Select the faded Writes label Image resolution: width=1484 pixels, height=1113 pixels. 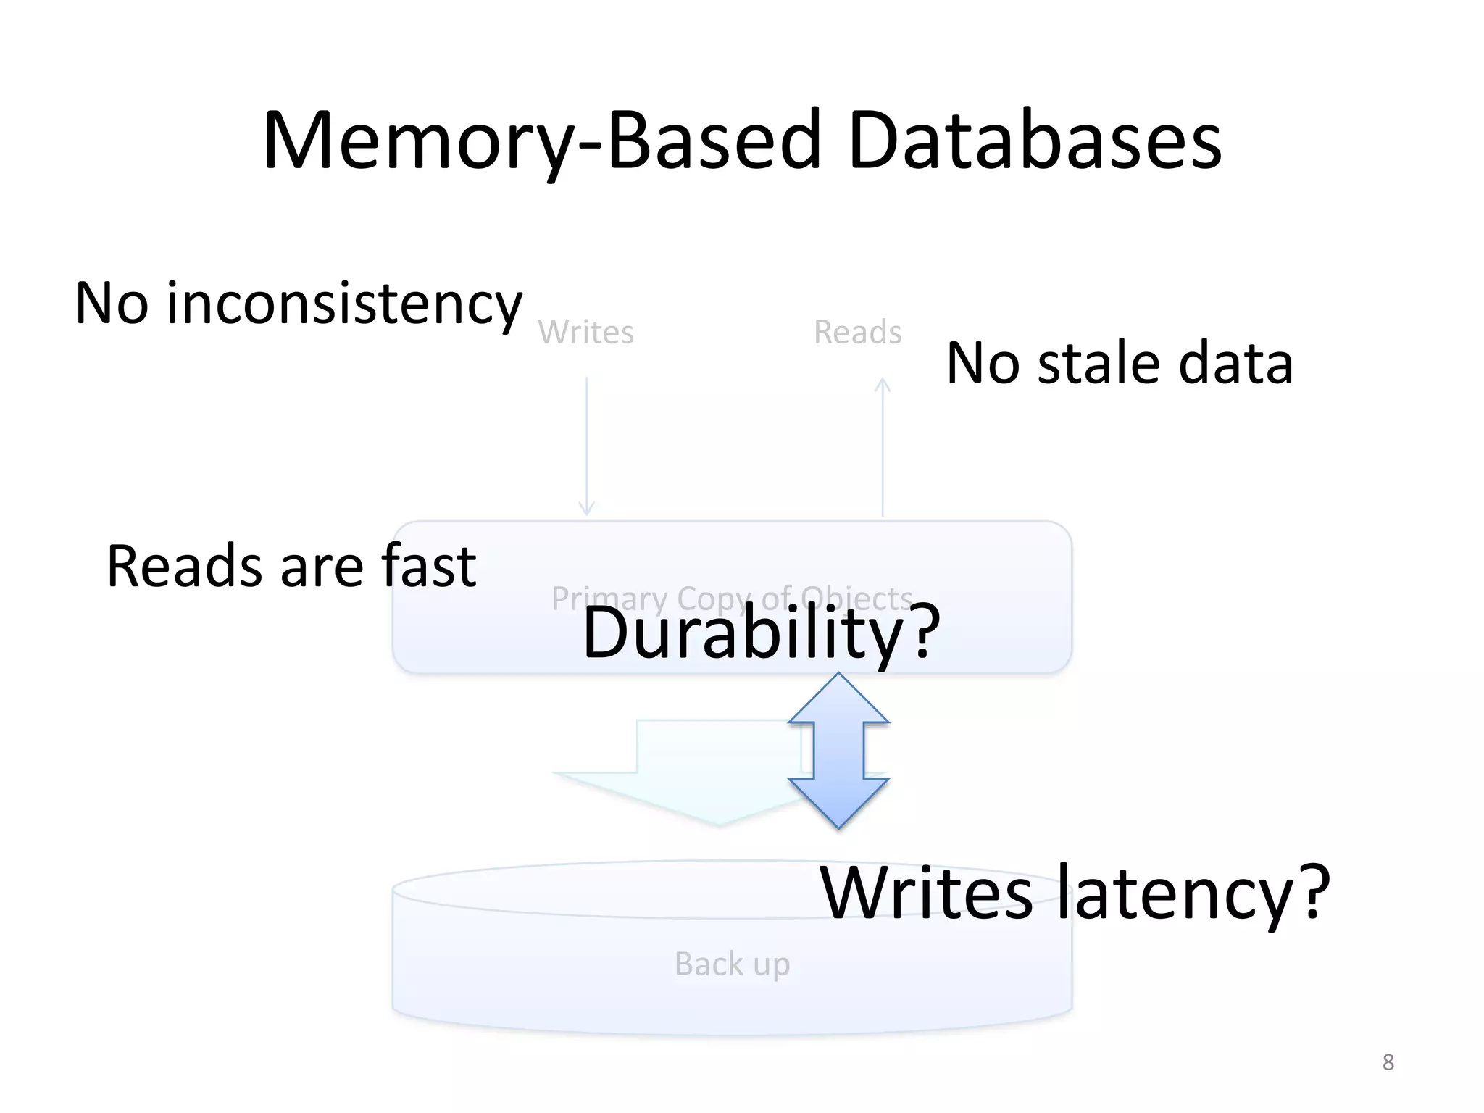pos(585,333)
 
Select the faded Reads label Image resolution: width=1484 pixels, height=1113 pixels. pos(857,333)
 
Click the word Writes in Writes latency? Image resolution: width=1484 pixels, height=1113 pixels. pos(926,893)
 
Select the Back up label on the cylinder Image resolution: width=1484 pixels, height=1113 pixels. pos(732,964)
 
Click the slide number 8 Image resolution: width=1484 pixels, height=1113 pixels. pos(1388,1062)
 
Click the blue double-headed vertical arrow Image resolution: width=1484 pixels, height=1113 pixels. pos(838,751)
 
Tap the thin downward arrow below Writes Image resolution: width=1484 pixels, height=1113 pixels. pos(586,446)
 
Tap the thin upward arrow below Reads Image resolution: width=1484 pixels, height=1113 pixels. pos(883,446)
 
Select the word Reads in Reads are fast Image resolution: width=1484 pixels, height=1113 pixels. pos(184,567)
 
